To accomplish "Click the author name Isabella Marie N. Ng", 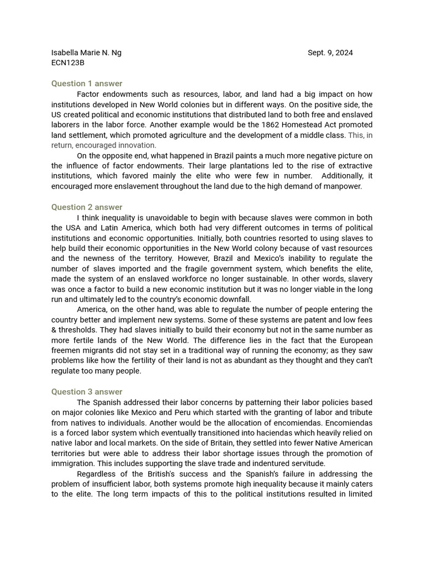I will pos(86,53).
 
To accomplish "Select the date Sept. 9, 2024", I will pos(330,53).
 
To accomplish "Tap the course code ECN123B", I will pos(68,63).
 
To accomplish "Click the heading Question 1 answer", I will pos(87,83).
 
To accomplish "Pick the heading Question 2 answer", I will pos(87,207).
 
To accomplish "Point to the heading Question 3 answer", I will pos(87,392).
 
